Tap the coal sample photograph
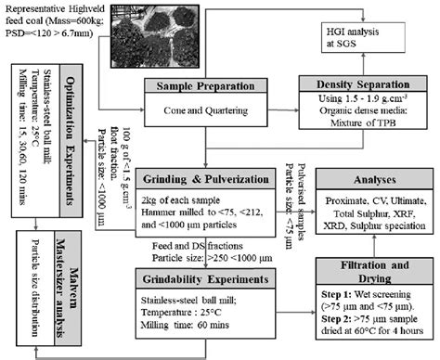point(152,38)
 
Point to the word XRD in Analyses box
point(339,223)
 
